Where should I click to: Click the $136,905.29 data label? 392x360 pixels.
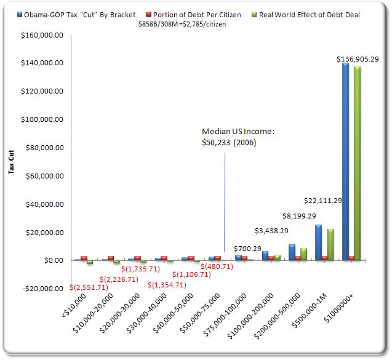point(357,58)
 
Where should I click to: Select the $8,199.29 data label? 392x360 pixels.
point(300,217)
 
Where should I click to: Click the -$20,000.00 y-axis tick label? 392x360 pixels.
point(38,289)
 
